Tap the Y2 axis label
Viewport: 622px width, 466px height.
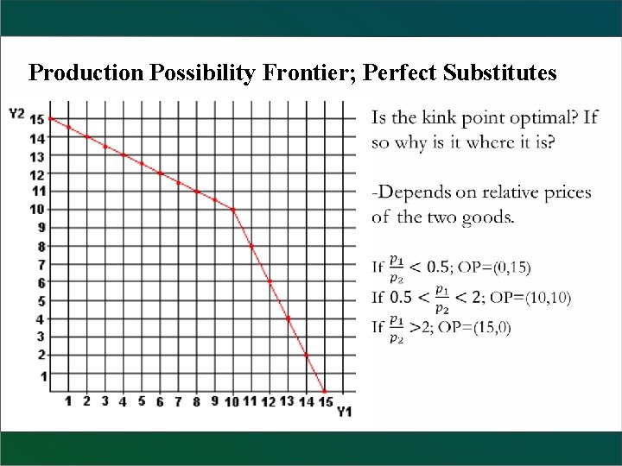(16, 113)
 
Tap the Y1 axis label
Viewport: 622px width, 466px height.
(344, 411)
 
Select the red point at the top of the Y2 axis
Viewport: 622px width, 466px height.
(51, 118)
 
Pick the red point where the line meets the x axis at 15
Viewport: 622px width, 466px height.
(325, 391)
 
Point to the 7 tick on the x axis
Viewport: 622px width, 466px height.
(179, 401)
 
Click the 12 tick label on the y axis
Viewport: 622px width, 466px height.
(37, 173)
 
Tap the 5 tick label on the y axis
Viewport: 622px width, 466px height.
(39, 301)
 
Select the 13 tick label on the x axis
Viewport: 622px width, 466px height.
(288, 401)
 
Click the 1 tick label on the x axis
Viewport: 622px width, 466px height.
(69, 401)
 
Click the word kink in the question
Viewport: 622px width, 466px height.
(444, 118)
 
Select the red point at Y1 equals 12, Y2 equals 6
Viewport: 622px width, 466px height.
(270, 281)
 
